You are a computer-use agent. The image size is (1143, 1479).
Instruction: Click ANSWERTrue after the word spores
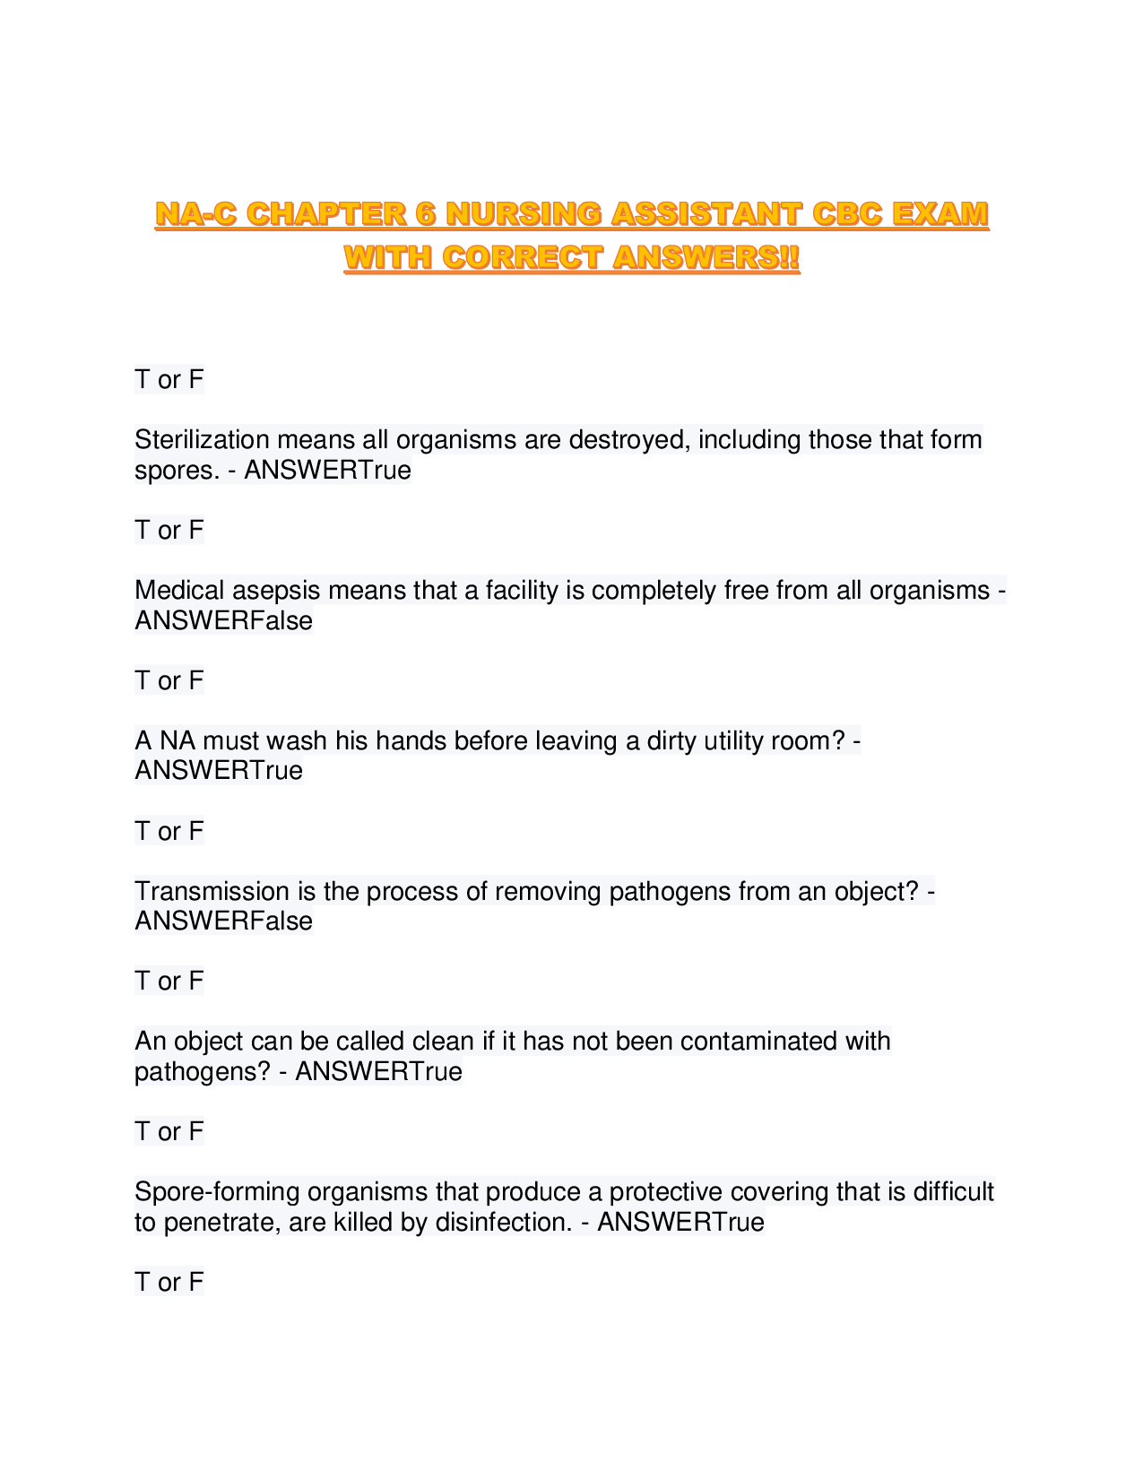[327, 470]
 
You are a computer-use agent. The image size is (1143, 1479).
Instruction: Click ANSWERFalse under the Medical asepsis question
[223, 620]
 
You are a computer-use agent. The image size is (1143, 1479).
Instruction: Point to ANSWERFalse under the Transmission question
[223, 921]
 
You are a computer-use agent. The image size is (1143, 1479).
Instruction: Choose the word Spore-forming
[218, 1191]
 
